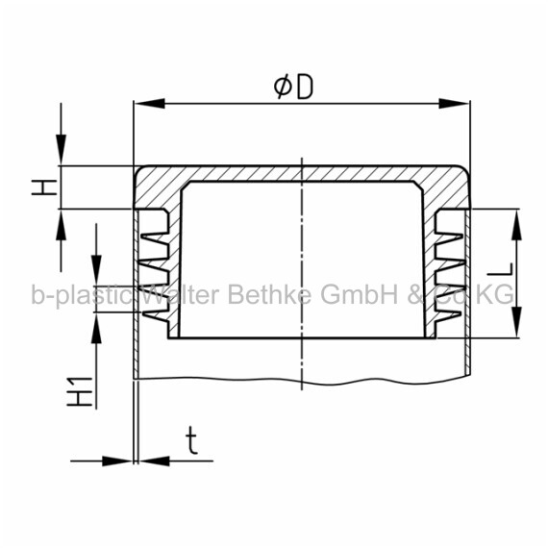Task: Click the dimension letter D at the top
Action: pyautogui.click(x=305, y=87)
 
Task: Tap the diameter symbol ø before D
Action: pyautogui.click(x=283, y=87)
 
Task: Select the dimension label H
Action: pyautogui.click(x=44, y=187)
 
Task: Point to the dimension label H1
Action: pyautogui.click(x=80, y=391)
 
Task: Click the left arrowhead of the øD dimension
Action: pyautogui.click(x=149, y=104)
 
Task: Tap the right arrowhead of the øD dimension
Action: pyautogui.click(x=454, y=104)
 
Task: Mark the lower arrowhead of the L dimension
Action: pyautogui.click(x=516, y=322)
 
